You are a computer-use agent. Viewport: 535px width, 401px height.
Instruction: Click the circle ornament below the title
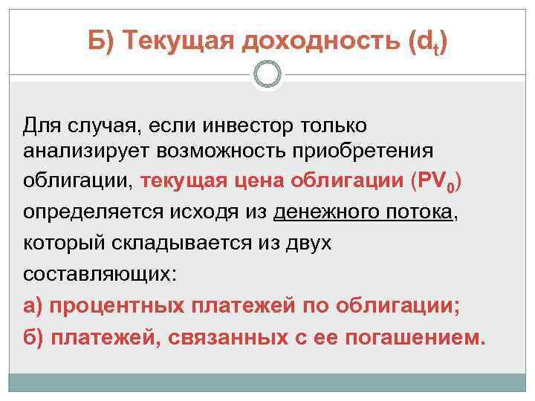[267, 74]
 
